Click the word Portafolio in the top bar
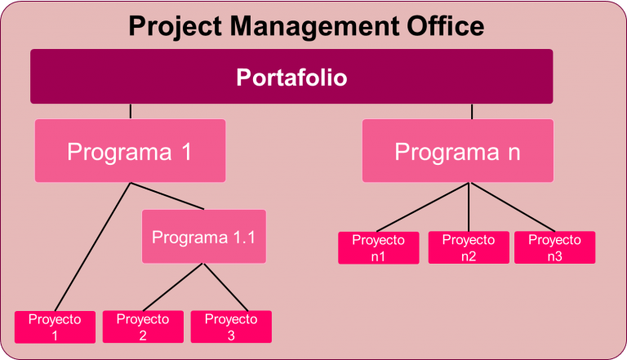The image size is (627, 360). click(291, 78)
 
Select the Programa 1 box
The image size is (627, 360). click(131, 151)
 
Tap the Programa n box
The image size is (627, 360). click(458, 151)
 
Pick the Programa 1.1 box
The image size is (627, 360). click(204, 237)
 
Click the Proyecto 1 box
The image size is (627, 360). click(56, 327)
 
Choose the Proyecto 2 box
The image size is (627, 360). click(143, 327)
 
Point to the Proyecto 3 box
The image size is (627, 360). click(231, 327)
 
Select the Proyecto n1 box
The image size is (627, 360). click(379, 248)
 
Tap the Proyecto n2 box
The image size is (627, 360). click(469, 247)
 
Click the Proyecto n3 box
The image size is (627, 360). click(554, 247)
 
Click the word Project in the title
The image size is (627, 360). click(176, 27)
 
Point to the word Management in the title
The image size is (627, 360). click(314, 27)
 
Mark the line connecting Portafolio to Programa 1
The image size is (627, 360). click(131, 112)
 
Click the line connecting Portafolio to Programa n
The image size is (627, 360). click(472, 112)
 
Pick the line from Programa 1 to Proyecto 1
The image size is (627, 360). click(93, 247)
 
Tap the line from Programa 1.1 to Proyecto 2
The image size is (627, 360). click(173, 287)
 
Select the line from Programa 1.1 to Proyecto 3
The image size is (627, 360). click(226, 287)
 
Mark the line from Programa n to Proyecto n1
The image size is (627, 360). click(422, 207)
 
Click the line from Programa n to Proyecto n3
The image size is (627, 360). click(513, 207)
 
